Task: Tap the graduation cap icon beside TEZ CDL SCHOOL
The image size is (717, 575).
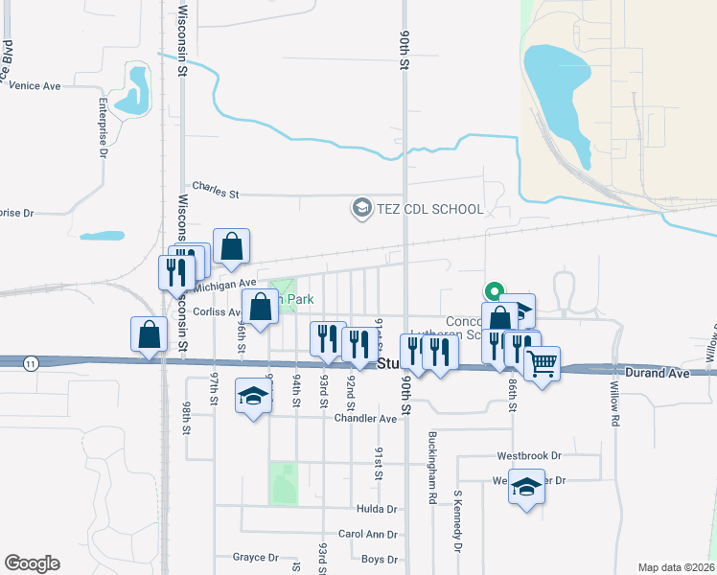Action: (361, 208)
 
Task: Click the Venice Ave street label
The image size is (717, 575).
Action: (35, 86)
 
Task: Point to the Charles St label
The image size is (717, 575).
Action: (215, 192)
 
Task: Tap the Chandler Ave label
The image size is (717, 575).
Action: (365, 419)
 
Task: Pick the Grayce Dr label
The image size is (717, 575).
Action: (255, 557)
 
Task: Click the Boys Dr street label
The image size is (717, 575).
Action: (380, 559)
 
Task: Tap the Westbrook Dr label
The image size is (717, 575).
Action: (528, 456)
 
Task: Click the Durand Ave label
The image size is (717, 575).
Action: (657, 372)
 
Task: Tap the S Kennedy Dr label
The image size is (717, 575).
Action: (458, 521)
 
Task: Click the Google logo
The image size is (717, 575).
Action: (33, 563)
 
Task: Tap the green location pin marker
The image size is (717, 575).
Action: (495, 291)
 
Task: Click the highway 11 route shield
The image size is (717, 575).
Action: (32, 362)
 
